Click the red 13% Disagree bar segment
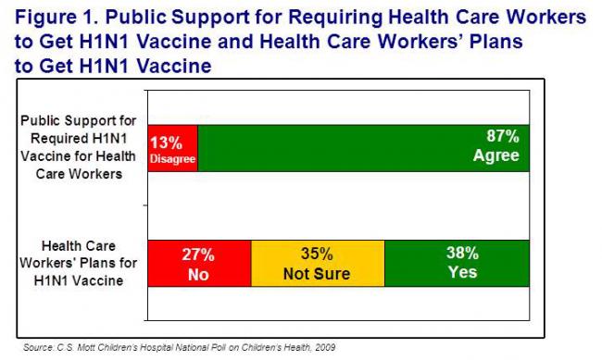point(173,148)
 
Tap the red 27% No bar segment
point(200,264)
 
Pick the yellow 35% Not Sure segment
point(318,264)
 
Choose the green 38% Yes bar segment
point(457,264)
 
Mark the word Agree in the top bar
point(496,155)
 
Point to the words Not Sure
point(318,274)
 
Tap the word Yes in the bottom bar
point(462,274)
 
